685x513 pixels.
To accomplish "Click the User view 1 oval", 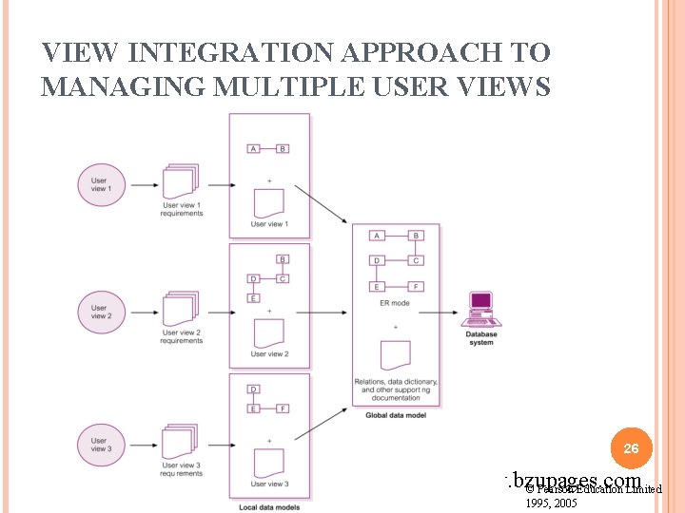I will tap(100, 184).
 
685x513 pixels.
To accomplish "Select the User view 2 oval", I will tap(100, 313).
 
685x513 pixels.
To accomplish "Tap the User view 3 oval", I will tap(100, 444).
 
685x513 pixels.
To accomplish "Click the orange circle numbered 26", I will tap(631, 446).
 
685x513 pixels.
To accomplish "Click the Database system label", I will tap(480, 338).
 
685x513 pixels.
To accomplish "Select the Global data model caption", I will tap(392, 415).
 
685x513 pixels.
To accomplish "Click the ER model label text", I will tap(394, 303).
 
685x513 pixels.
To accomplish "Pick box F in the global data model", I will tap(415, 287).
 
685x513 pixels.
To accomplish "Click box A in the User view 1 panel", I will tap(253, 149).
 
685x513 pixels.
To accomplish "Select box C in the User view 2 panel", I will tap(283, 278).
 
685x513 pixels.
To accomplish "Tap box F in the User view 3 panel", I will tap(283, 408).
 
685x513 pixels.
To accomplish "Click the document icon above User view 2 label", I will tap(269, 332).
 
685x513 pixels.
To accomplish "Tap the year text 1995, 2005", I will tap(552, 503).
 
